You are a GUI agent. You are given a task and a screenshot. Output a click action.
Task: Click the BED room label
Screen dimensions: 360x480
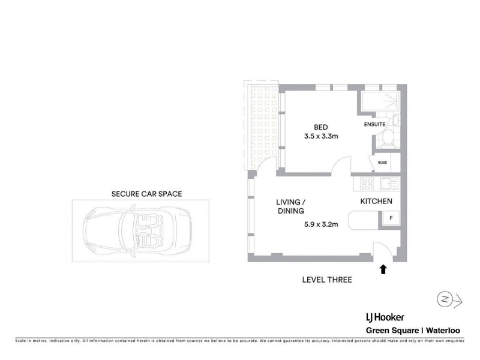(320, 126)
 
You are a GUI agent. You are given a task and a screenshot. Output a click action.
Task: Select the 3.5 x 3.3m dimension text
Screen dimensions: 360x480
(321, 137)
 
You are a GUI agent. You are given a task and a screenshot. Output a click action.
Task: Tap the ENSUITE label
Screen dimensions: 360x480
(376, 125)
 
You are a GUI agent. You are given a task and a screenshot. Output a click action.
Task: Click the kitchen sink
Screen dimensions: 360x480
(388, 184)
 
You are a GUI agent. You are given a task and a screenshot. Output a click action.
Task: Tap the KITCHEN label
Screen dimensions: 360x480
(376, 202)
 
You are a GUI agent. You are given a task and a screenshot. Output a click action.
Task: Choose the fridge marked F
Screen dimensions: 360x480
(391, 218)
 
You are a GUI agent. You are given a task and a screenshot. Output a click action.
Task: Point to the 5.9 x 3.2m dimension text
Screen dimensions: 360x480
(321, 226)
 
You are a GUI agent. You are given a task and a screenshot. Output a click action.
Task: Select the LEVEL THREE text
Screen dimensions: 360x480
(328, 280)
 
